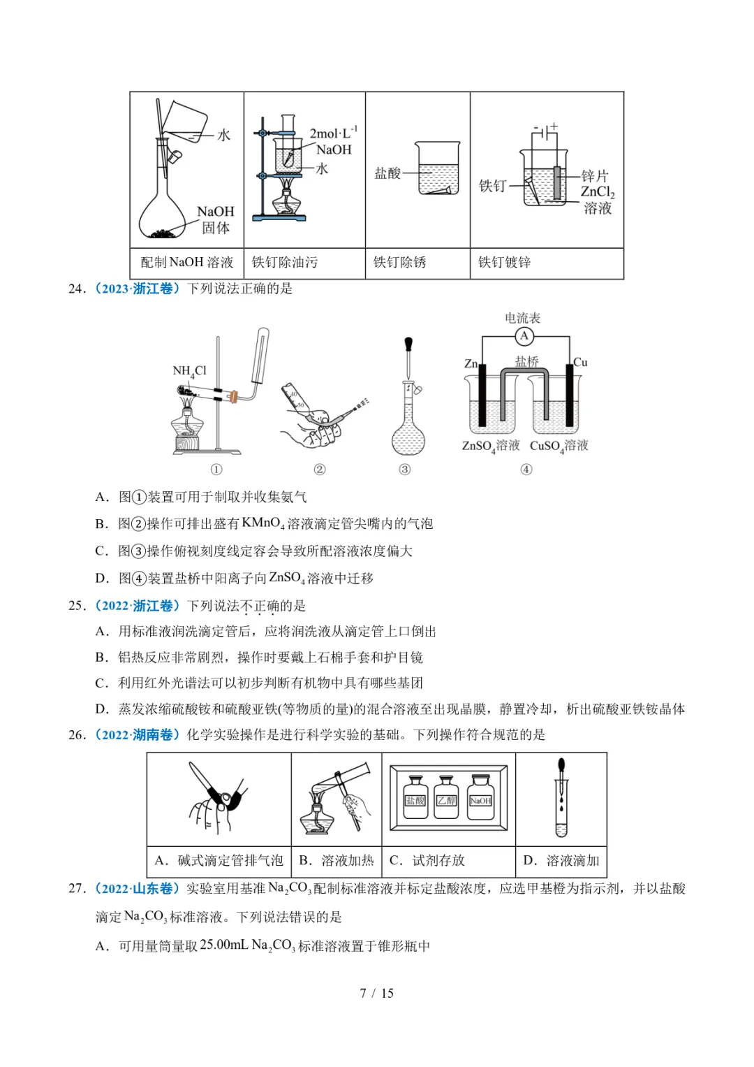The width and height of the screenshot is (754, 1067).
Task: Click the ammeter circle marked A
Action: coord(524,336)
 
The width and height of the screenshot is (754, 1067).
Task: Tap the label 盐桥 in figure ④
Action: coord(526,361)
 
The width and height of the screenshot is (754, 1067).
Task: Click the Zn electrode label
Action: coord(471,363)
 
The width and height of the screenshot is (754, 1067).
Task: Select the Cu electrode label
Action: coord(580,362)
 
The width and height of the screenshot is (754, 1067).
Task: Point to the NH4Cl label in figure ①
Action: coord(189,371)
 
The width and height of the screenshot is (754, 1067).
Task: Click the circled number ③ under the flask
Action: coord(405,470)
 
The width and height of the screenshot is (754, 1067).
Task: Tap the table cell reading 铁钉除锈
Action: coord(399,263)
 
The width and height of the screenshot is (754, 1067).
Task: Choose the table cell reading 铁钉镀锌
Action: coord(504,263)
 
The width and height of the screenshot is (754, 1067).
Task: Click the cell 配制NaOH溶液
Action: coord(186,263)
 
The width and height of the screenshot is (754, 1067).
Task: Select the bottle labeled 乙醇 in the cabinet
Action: coord(447,797)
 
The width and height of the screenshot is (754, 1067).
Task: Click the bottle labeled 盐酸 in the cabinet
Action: coord(415,797)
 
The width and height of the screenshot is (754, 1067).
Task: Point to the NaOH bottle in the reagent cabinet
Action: coord(480,797)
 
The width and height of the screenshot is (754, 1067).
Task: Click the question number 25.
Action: coord(76,606)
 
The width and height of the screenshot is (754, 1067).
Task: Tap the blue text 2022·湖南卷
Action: coord(137,735)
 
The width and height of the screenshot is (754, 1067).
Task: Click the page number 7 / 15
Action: coord(376,993)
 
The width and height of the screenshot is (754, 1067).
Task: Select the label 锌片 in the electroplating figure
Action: coord(594,175)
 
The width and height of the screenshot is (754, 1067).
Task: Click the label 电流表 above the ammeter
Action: coord(523,318)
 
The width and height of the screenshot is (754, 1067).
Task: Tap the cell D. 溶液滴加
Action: coord(561,861)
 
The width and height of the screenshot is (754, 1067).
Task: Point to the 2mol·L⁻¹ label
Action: coord(333,133)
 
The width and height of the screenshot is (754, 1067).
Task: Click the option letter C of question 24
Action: coord(101,551)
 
